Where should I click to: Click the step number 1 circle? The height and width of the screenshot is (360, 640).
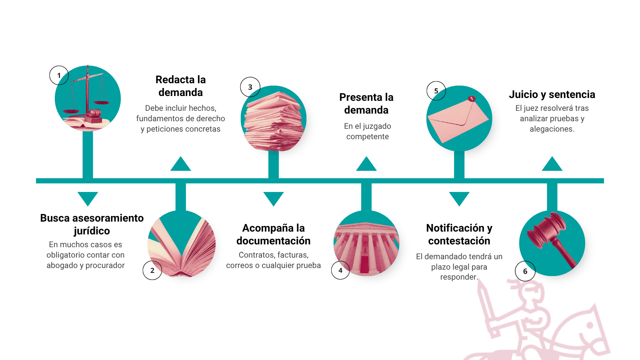click(59, 75)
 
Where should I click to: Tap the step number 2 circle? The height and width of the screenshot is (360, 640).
click(152, 270)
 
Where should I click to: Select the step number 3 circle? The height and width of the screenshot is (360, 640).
click(250, 87)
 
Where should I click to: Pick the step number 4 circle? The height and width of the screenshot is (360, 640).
click(340, 270)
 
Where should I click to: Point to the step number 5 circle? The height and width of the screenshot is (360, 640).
click(436, 91)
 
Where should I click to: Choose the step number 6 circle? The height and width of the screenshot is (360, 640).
click(525, 271)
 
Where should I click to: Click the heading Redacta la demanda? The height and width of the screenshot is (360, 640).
click(180, 86)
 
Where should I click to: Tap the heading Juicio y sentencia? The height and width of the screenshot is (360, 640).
click(552, 94)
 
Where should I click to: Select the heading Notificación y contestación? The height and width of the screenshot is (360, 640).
click(459, 234)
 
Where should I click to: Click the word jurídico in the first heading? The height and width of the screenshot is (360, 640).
click(92, 231)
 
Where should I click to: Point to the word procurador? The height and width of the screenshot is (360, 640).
click(105, 265)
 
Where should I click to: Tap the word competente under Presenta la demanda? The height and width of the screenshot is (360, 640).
click(367, 136)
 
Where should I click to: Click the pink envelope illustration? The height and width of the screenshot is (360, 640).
click(458, 119)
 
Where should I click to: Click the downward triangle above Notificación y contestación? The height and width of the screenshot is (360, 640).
click(459, 198)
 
